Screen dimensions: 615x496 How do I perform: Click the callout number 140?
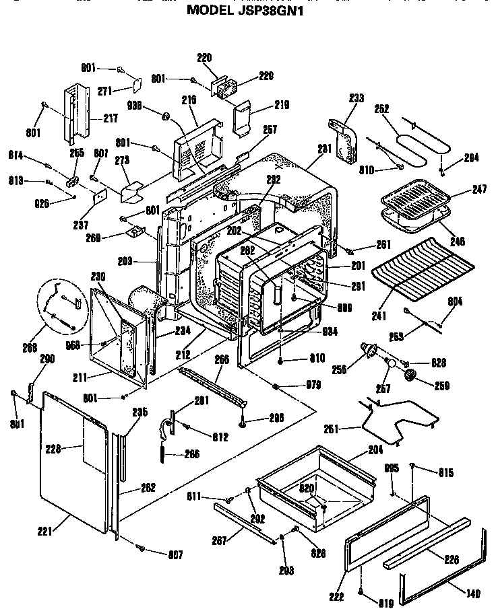tap(474, 593)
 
